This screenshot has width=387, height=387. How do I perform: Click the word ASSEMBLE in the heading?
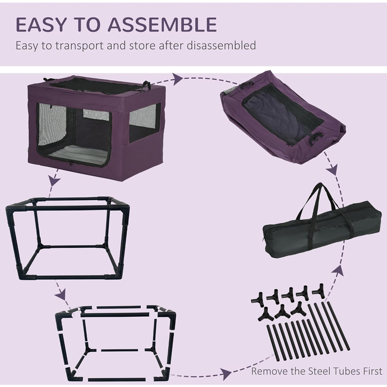tap(162, 25)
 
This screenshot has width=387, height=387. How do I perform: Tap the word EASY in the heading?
tap(41, 25)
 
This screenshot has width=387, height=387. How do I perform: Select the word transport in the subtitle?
tap(79, 46)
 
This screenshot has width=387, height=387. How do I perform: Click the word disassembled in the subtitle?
tap(221, 45)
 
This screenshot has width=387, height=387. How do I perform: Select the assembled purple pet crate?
tap(97, 128)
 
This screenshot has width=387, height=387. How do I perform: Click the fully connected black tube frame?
tap(67, 238)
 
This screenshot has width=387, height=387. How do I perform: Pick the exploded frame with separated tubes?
tap(116, 344)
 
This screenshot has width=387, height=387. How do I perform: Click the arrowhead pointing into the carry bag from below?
tap(338, 270)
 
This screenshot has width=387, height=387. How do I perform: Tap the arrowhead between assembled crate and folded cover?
tap(177, 79)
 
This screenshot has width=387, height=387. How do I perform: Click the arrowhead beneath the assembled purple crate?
tap(54, 181)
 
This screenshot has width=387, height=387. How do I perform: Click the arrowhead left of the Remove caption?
tap(226, 374)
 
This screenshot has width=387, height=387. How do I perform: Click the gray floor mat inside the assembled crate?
tap(78, 155)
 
